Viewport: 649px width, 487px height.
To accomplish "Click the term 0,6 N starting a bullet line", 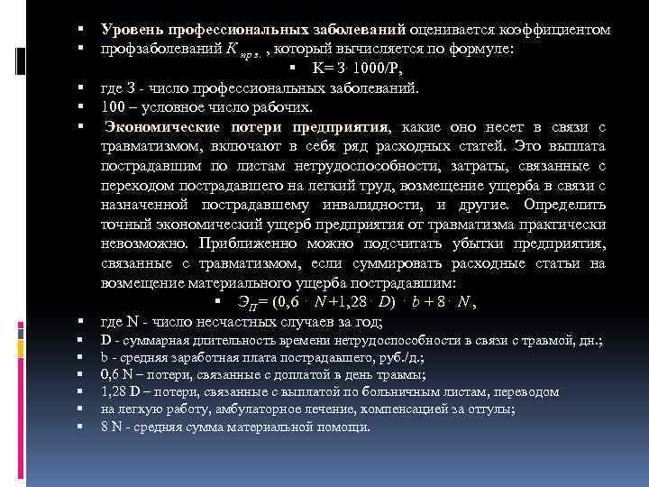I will (x=116, y=374).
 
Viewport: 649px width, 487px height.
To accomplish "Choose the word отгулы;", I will (x=490, y=409).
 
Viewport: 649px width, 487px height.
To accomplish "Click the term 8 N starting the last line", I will (x=112, y=426).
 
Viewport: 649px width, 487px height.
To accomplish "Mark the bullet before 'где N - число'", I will (x=82, y=322).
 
